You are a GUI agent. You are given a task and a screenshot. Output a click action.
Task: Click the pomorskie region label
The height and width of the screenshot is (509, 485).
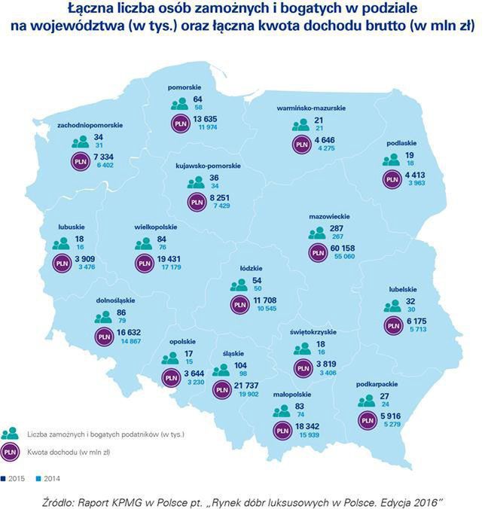(189, 87)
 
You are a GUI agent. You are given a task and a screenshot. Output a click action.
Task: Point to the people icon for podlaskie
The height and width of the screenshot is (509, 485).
(391, 159)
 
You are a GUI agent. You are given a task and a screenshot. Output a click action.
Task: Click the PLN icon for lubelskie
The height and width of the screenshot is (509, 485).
(392, 324)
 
